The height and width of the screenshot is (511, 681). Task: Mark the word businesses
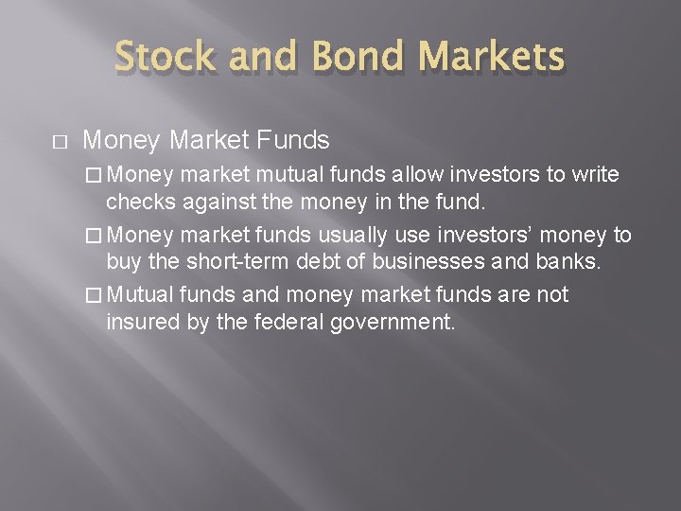[x=392, y=261]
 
